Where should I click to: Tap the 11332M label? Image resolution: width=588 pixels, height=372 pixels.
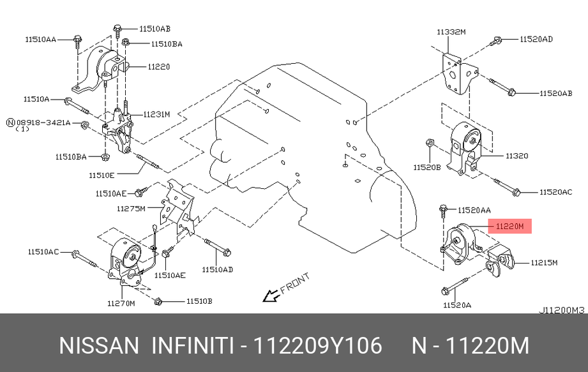coord(451,31)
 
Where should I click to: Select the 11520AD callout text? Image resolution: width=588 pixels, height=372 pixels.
coord(536,40)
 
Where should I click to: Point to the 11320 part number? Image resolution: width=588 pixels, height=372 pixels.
coord(517,155)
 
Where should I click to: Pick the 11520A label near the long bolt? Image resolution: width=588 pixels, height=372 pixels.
coord(456,306)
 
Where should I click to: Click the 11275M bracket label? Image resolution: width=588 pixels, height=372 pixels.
coord(131,209)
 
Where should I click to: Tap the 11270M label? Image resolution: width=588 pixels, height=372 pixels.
coord(121,304)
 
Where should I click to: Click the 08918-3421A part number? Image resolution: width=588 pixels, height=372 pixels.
coord(43,122)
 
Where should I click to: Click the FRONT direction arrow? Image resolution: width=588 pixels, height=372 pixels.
coord(271,295)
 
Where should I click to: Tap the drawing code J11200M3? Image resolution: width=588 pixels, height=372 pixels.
coord(561,311)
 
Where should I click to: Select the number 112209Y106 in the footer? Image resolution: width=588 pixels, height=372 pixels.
coord(318,345)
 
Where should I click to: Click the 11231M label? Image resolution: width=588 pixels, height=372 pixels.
coord(156,114)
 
